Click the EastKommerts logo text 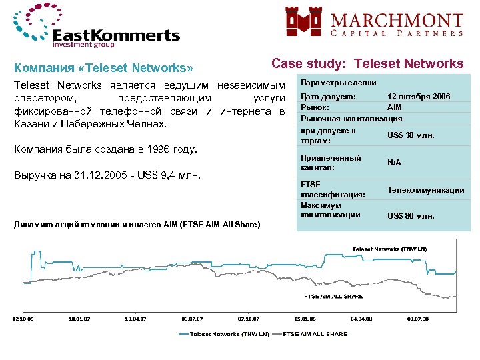(x=116, y=35)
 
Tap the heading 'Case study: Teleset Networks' (x=367, y=63)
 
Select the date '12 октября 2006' (x=419, y=97)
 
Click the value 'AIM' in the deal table (x=395, y=107)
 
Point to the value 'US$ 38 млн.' (x=411, y=136)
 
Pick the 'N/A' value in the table (x=395, y=162)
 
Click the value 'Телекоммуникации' (x=426, y=190)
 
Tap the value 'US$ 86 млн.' (x=411, y=216)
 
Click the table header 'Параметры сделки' (x=339, y=83)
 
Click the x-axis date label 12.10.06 (x=23, y=319)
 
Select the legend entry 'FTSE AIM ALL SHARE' (x=315, y=334)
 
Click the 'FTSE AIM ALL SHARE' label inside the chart (x=333, y=295)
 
